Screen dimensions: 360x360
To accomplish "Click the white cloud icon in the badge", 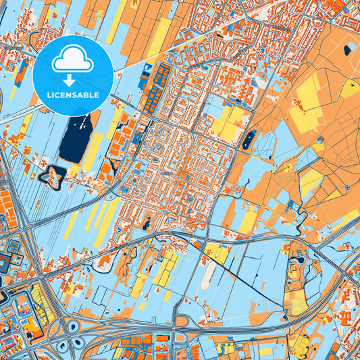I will [x=72, y=60].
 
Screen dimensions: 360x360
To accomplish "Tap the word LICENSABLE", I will [x=72, y=95].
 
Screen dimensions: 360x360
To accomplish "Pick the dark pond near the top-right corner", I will [x=347, y=49].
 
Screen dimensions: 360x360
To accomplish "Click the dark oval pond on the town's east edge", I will [x=249, y=139].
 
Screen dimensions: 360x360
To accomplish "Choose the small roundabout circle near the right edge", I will [x=347, y=187].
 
